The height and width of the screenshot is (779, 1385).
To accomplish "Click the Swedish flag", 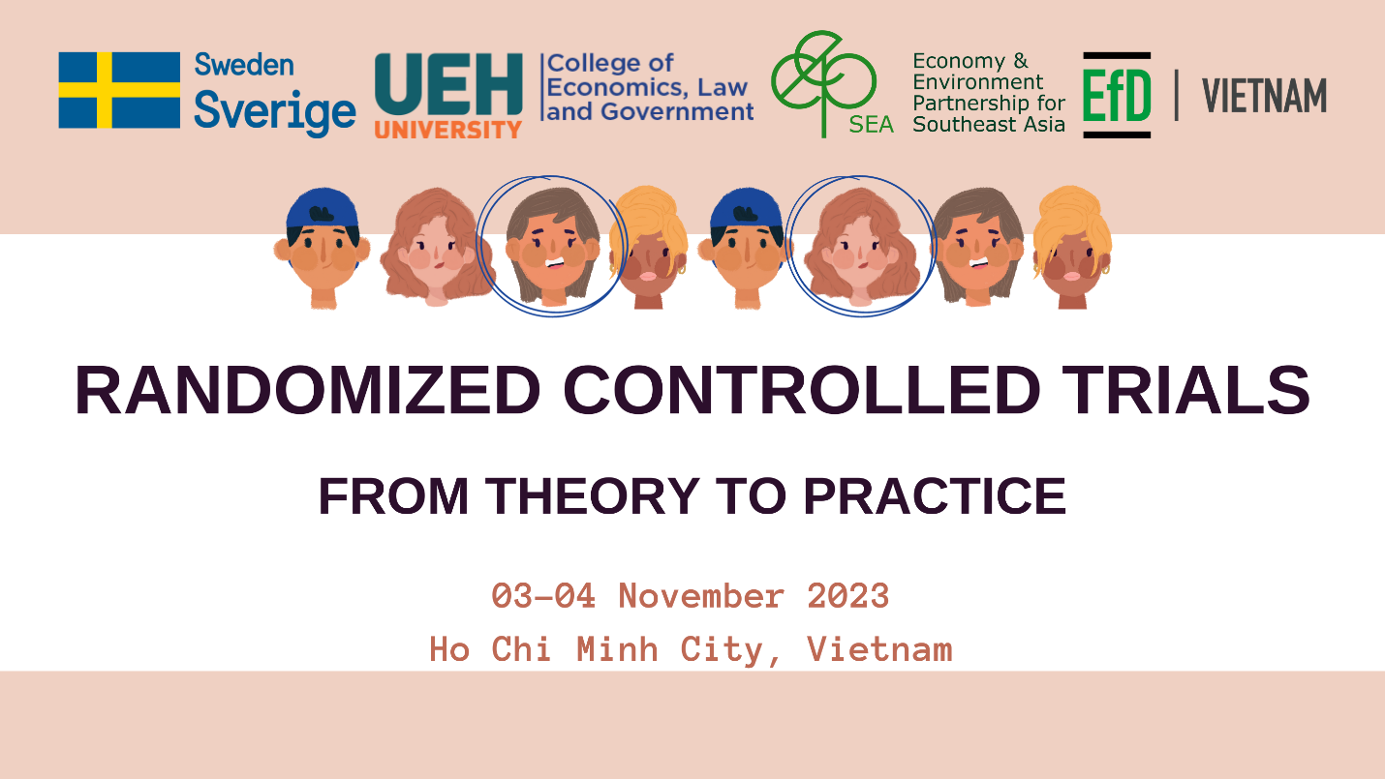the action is click(119, 90).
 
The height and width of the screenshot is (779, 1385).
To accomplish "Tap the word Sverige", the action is click(275, 112).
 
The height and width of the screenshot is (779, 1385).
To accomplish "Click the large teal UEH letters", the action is click(448, 84).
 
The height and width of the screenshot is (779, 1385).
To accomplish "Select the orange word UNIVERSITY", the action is click(448, 130).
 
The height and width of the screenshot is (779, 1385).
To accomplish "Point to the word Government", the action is click(677, 112).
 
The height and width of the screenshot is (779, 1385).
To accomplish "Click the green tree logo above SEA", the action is click(823, 83).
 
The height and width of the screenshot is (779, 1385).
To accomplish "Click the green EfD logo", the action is click(1117, 95).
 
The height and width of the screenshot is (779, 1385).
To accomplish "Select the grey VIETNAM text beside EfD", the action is click(1265, 96).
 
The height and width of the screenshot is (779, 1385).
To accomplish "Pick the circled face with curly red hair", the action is click(862, 247).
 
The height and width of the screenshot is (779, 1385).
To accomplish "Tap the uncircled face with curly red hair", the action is click(437, 247).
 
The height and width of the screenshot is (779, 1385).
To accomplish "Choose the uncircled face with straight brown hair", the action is click(978, 247).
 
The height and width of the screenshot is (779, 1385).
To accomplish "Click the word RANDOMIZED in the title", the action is click(308, 390).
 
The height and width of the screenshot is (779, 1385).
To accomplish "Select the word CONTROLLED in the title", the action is click(801, 390).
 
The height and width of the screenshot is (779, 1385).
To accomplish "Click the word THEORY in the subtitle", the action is click(593, 496).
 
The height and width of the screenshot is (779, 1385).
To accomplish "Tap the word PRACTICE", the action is click(935, 496).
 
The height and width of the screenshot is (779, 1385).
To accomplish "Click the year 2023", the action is click(847, 596).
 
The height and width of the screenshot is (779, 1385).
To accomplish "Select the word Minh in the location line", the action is click(617, 649).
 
